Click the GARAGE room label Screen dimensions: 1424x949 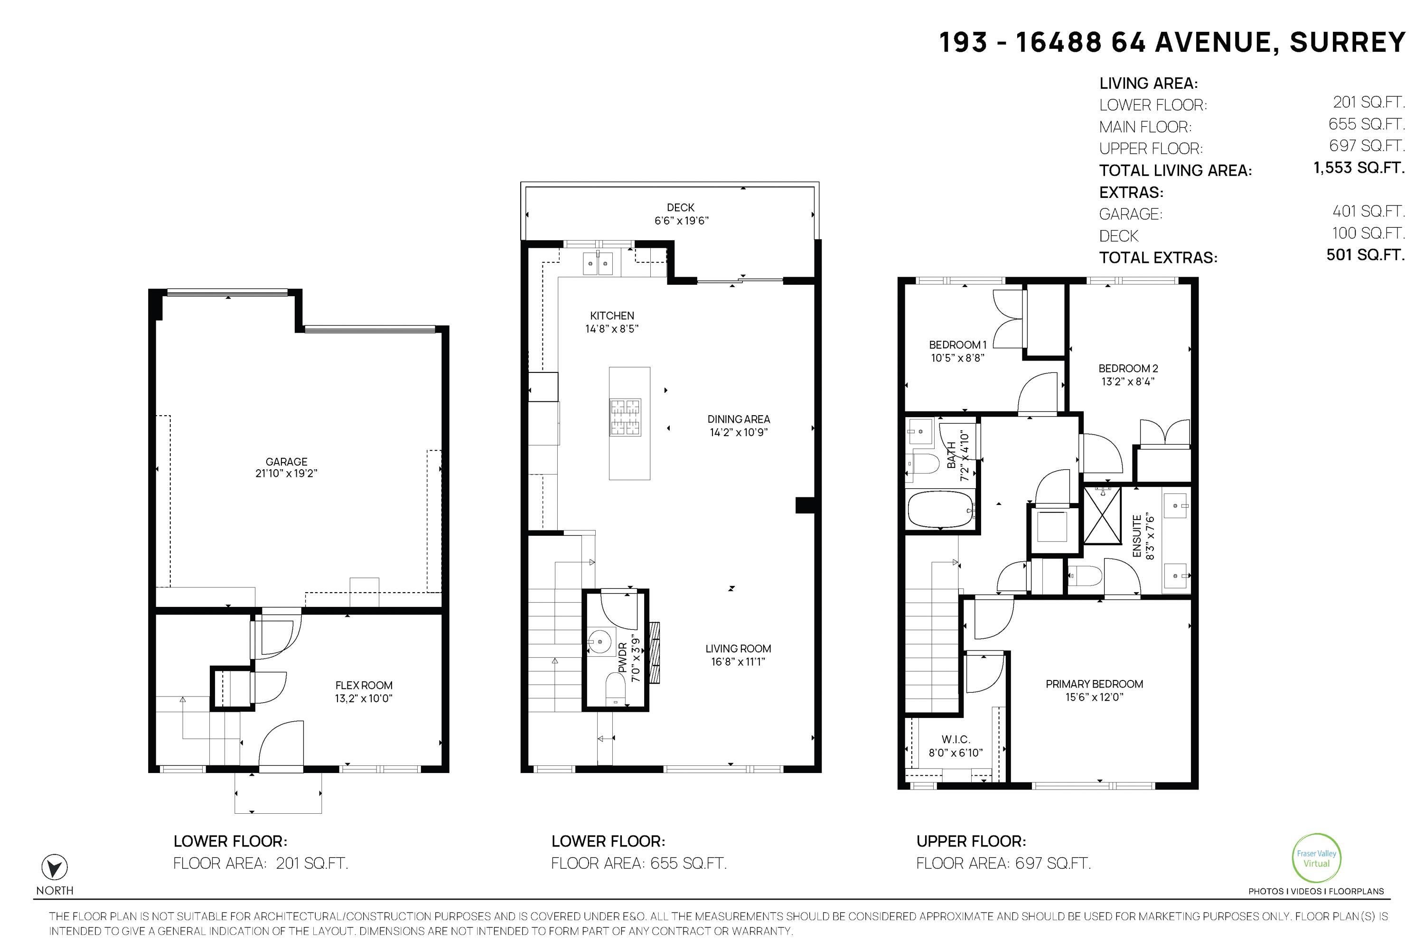pyautogui.click(x=286, y=461)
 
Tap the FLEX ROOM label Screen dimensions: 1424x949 pyautogui.click(x=364, y=685)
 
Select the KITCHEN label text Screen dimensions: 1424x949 pyautogui.click(x=612, y=316)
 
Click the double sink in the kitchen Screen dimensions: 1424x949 pyautogui.click(x=598, y=263)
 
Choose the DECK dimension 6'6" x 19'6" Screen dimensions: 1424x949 pyautogui.click(x=681, y=221)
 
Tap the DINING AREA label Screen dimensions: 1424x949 pyautogui.click(x=739, y=419)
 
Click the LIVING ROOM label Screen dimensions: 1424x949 pyautogui.click(x=738, y=648)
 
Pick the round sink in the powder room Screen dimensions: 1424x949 pyautogui.click(x=600, y=642)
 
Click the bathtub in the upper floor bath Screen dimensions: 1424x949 pyautogui.click(x=941, y=510)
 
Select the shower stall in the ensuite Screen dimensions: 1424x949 pyautogui.click(x=1102, y=515)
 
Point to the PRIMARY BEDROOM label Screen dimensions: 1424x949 pyautogui.click(x=1094, y=684)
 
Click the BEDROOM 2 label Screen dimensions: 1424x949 pyautogui.click(x=1128, y=368)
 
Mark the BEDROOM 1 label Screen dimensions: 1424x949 pyautogui.click(x=958, y=344)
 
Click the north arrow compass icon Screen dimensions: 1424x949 pyautogui.click(x=54, y=867)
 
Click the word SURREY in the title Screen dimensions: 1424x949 pyautogui.click(x=1347, y=42)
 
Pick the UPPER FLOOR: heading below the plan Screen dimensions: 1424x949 pyautogui.click(x=971, y=841)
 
